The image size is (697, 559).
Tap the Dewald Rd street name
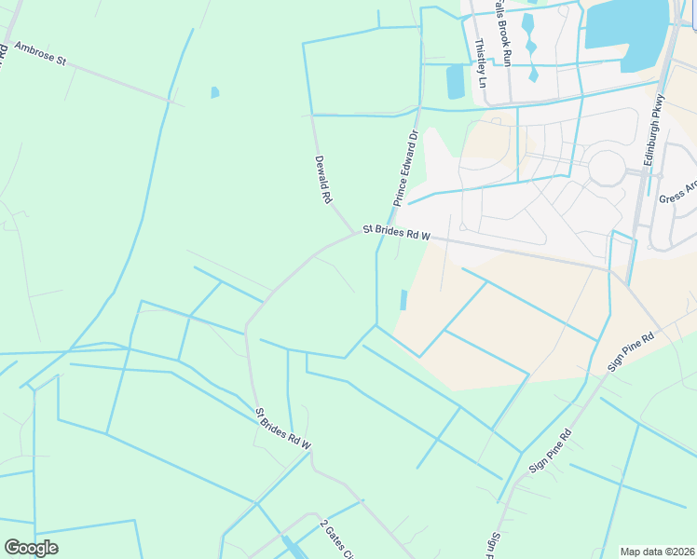[323, 180]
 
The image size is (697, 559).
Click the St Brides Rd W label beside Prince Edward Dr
[396, 232]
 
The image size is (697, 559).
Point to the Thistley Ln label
[481, 62]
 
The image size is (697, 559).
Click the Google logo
[31, 548]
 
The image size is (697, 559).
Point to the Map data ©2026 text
[657, 551]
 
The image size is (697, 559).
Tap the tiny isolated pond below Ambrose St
[215, 92]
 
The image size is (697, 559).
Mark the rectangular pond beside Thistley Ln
[455, 82]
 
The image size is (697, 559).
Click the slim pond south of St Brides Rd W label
[403, 299]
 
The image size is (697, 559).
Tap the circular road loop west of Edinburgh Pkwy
[606, 168]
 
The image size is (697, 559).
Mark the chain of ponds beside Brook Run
[531, 45]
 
